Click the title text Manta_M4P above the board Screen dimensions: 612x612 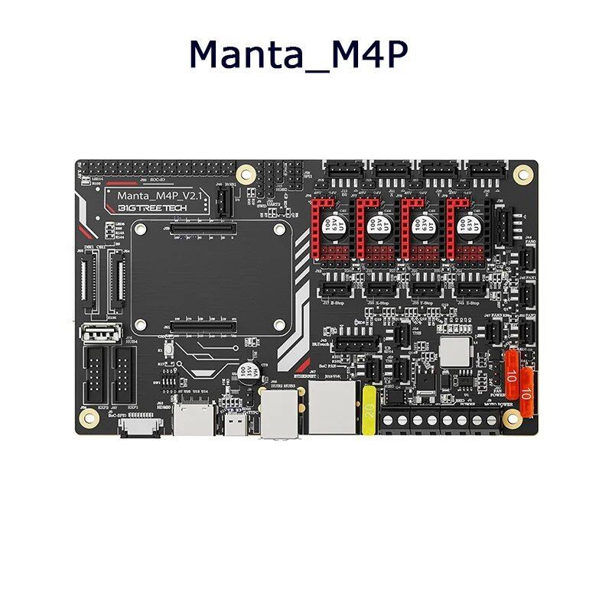(x=298, y=55)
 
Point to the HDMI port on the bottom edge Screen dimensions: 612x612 (x=187, y=422)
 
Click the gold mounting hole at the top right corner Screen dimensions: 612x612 (x=523, y=171)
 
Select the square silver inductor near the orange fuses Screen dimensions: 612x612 (x=454, y=350)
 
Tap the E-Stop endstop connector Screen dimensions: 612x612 (x=333, y=289)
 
